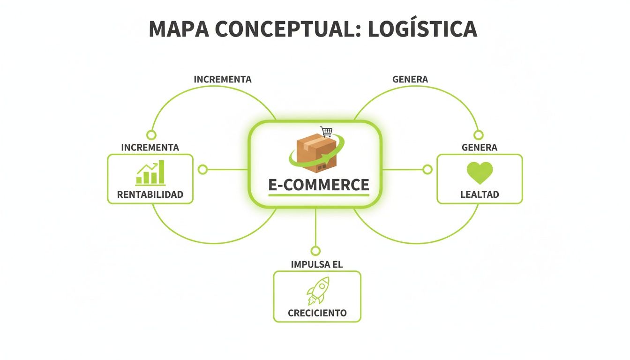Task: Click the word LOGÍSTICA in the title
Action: (422, 29)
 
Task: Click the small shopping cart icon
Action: (326, 132)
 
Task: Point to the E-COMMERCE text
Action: (319, 185)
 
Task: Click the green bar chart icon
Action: (150, 173)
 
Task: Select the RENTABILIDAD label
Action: (150, 195)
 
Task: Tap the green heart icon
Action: (480, 172)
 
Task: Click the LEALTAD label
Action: (480, 195)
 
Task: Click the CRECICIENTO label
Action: (317, 313)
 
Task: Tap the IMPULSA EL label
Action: (317, 264)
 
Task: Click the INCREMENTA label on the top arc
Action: (223, 79)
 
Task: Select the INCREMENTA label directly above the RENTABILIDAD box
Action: (150, 147)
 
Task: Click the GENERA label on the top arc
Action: (410, 79)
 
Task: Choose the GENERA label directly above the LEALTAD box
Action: (480, 147)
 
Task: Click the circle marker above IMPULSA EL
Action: (315, 251)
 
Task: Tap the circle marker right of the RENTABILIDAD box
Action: (202, 169)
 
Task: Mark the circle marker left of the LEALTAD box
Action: (427, 169)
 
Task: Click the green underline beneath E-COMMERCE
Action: (319, 195)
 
